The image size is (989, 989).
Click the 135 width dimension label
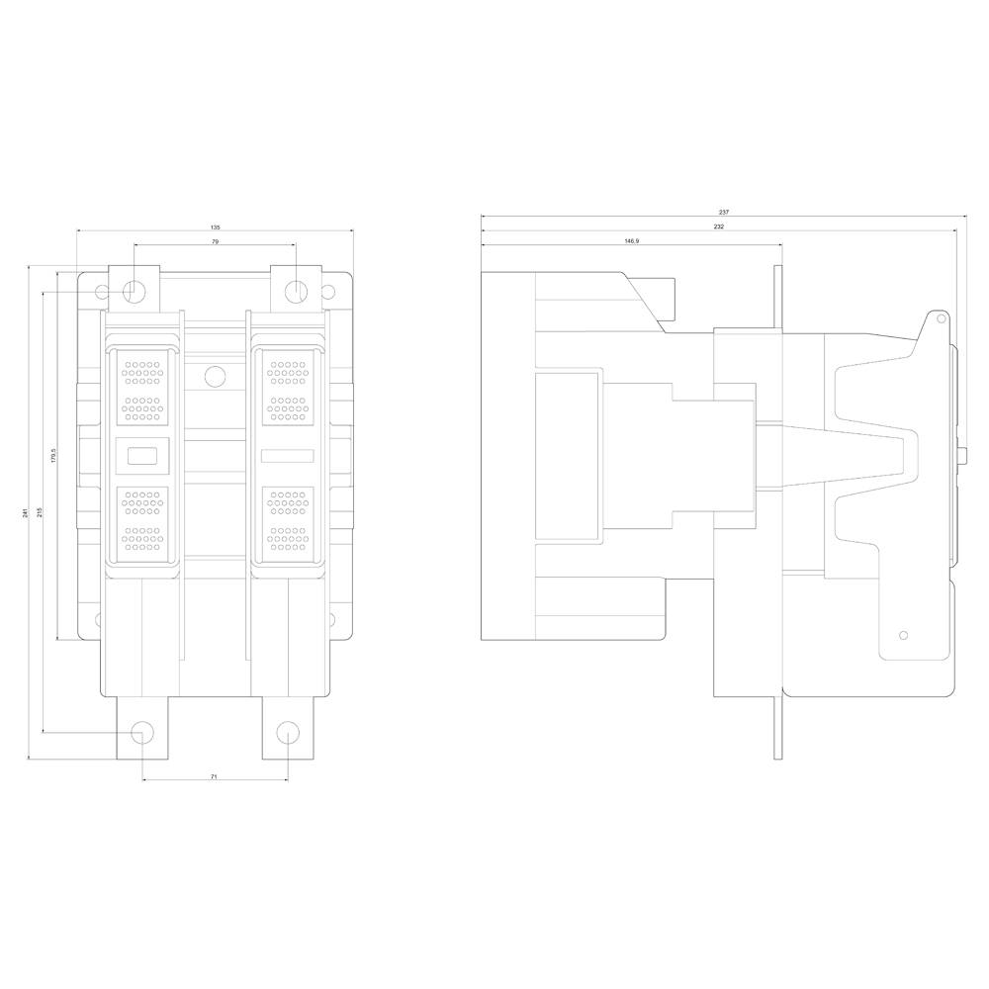click(x=216, y=227)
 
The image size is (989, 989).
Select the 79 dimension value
click(x=215, y=241)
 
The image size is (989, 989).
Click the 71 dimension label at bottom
click(x=215, y=778)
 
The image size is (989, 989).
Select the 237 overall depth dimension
click(x=724, y=213)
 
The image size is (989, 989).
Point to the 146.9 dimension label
click(x=631, y=241)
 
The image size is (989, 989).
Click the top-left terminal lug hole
click(x=135, y=292)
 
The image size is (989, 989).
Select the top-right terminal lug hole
click(x=296, y=292)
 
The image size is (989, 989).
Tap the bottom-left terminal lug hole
click(x=142, y=733)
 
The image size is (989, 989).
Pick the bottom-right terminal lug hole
click(x=287, y=733)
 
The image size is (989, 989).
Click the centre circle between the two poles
click(x=214, y=376)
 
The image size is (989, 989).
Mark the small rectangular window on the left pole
click(x=143, y=456)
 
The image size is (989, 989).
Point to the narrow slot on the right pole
click(x=287, y=456)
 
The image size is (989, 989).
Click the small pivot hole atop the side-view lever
click(x=941, y=319)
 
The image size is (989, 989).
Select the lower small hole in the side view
click(x=902, y=635)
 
